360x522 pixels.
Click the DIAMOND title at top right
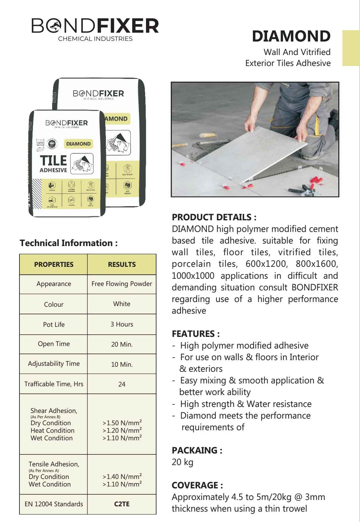[291, 36]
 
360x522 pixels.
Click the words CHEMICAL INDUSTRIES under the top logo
[95, 39]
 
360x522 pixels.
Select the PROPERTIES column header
[54, 264]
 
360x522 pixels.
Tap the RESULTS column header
[122, 264]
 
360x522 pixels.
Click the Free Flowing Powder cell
[122, 284]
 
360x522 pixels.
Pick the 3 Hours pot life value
[122, 324]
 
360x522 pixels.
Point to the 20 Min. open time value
[122, 344]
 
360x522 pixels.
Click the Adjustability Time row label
[54, 364]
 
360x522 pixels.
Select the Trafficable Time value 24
[122, 384]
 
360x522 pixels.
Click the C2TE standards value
[122, 504]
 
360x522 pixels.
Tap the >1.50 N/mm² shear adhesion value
[122, 423]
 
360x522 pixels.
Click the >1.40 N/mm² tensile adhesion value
[122, 476]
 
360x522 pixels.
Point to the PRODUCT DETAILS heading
[214, 217]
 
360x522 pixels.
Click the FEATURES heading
[196, 334]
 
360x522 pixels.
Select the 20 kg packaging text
[183, 462]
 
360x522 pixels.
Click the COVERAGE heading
[197, 485]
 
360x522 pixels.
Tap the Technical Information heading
[69, 243]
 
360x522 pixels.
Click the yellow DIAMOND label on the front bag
[78, 144]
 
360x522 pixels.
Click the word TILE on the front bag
[53, 161]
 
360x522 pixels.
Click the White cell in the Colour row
[122, 304]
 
